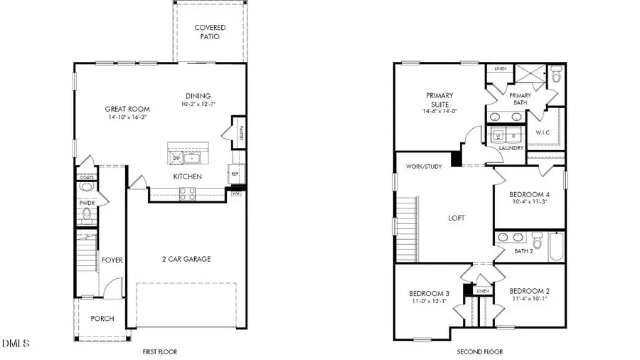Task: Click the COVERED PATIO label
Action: pyautogui.click(x=210, y=33)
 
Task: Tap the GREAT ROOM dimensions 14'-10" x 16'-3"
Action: pyautogui.click(x=126, y=117)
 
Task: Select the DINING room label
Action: pyautogui.click(x=198, y=97)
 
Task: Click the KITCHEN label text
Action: pyautogui.click(x=187, y=176)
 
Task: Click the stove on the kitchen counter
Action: pyautogui.click(x=187, y=191)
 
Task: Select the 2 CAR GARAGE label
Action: pyautogui.click(x=186, y=259)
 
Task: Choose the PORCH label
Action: pyautogui.click(x=102, y=318)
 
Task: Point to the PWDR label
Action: pyautogui.click(x=87, y=203)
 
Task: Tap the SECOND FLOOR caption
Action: pyautogui.click(x=479, y=351)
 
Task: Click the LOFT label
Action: pyautogui.click(x=456, y=218)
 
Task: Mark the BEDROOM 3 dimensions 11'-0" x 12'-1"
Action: pyautogui.click(x=429, y=301)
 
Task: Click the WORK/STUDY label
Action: pyautogui.click(x=424, y=166)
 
